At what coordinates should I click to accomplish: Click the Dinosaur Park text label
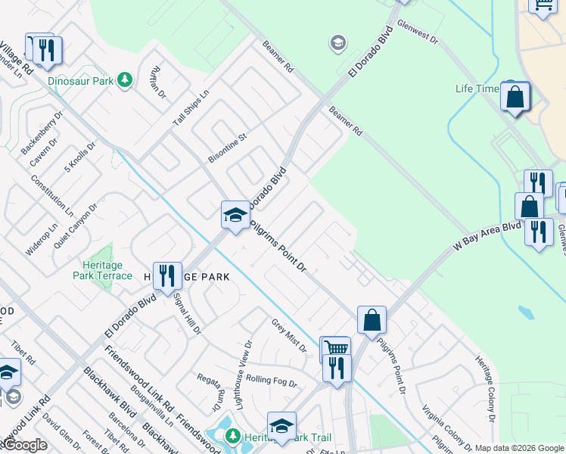[x=79, y=79]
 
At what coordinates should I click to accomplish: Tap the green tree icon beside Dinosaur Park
[x=126, y=79]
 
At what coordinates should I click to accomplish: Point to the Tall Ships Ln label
[x=190, y=107]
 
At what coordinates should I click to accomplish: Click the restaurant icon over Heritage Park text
[x=167, y=275]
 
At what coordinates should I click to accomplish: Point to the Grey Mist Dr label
[x=288, y=335]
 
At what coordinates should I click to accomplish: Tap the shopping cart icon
[x=335, y=349]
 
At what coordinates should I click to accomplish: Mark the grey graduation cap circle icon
[x=338, y=43]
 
